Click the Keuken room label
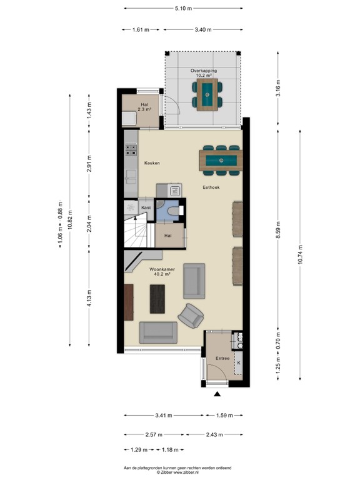pos(152,163)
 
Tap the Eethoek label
pos(209,187)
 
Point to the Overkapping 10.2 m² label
pos(204,74)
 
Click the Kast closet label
pos(146,207)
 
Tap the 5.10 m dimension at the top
pos(183,8)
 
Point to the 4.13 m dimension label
pos(89,296)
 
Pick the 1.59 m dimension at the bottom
pos(222,415)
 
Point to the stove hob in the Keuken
pos(131,150)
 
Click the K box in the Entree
pos(238,362)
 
